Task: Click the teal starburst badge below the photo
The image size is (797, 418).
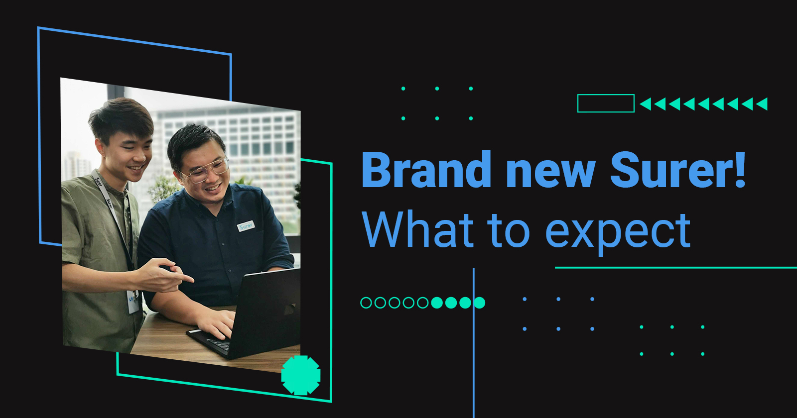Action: [301, 375]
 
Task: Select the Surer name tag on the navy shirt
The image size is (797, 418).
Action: [246, 226]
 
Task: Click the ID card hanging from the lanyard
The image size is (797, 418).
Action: [133, 302]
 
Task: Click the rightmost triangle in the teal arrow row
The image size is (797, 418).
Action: [762, 104]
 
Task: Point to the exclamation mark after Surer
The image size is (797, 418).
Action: [740, 169]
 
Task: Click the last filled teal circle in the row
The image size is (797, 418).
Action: [479, 303]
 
